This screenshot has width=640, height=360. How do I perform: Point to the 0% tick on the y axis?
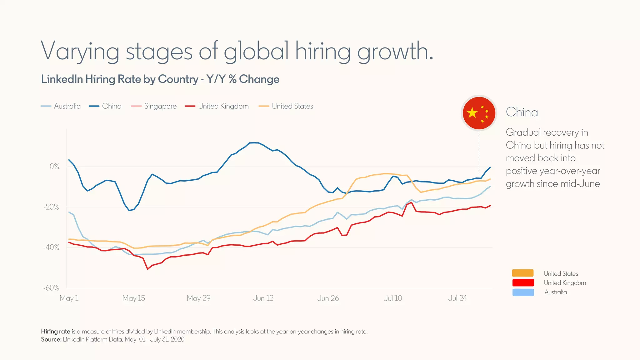[x=54, y=167]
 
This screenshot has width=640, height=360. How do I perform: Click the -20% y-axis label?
[x=52, y=207]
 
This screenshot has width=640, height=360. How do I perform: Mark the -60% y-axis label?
[x=52, y=288]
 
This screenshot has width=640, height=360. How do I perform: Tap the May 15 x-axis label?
[x=134, y=298]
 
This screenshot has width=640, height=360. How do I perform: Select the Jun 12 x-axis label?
[x=263, y=298]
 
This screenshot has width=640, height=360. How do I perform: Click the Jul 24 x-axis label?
[x=457, y=298]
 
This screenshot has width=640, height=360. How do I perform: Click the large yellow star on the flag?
[x=472, y=113]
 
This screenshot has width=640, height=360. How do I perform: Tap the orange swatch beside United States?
[x=523, y=273]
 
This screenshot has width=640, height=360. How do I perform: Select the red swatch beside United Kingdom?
[x=523, y=283]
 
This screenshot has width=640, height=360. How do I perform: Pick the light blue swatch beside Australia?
[x=523, y=292]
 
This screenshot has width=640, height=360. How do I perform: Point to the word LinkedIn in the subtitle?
[x=62, y=79]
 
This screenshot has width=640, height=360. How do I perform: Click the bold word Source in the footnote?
[x=51, y=339]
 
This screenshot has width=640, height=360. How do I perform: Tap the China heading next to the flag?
[x=522, y=112]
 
